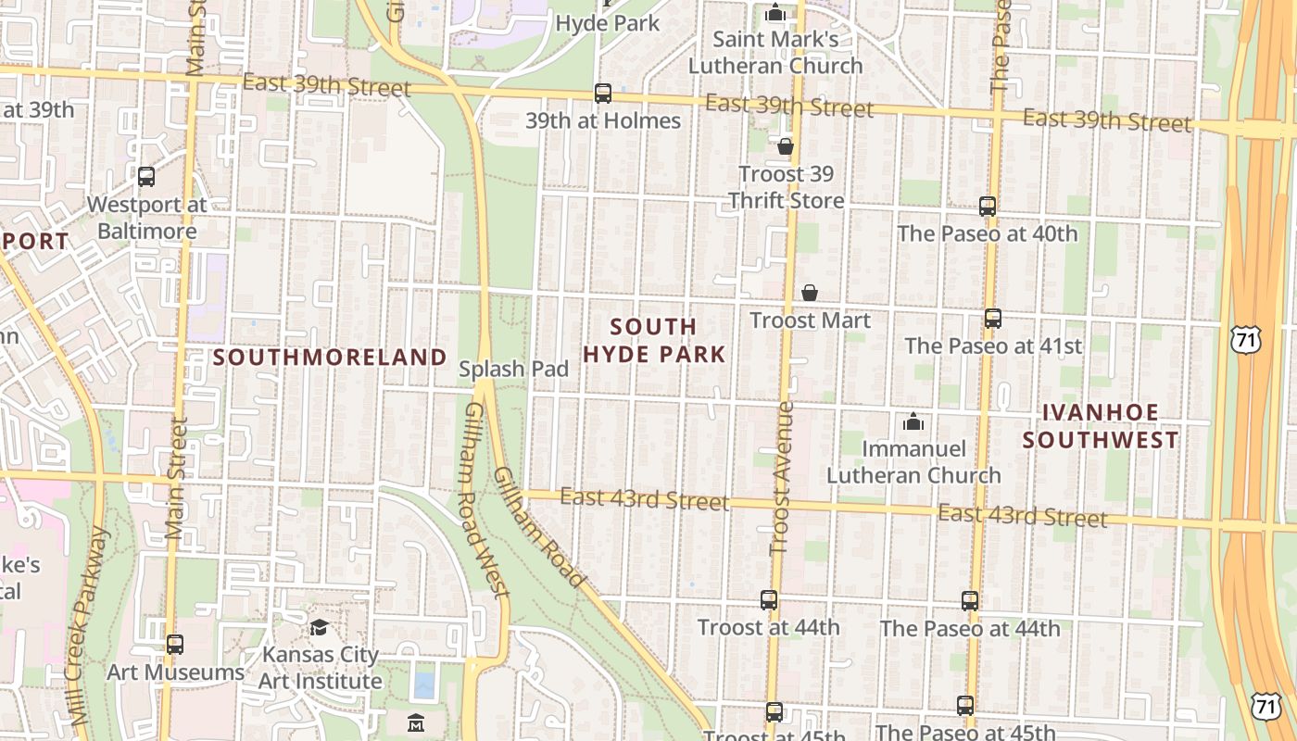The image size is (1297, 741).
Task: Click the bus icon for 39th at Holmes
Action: [603, 93]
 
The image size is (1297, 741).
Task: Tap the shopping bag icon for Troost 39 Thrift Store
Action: [786, 146]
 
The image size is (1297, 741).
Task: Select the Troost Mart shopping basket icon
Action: [810, 293]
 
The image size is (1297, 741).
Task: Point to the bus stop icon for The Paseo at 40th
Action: [988, 207]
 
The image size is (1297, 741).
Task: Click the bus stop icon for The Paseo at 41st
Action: [993, 319]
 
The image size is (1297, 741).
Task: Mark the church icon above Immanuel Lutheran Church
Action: [913, 421]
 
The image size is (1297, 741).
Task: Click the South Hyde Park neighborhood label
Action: [654, 340]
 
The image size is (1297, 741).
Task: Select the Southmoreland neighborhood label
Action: [331, 357]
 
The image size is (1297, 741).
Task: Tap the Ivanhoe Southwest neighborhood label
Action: [1101, 426]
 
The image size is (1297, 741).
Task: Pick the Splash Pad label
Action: [514, 369]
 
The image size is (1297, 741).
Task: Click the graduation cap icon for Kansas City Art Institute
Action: [319, 627]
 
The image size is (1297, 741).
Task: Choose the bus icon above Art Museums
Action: [175, 645]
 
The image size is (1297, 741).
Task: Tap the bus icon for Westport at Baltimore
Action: [146, 177]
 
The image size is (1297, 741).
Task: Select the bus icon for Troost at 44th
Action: [769, 600]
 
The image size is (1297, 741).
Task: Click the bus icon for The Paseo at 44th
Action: [970, 601]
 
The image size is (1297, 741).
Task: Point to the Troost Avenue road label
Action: [784, 478]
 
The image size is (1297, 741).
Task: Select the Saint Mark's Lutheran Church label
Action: [775, 53]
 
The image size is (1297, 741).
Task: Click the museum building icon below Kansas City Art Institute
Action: [416, 722]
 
